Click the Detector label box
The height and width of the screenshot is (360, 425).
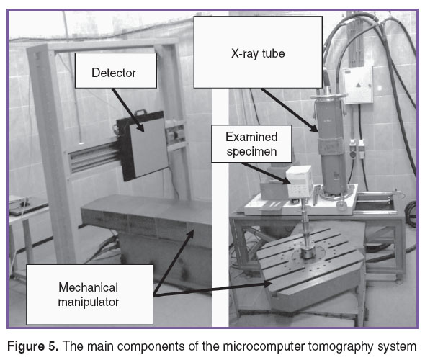click(116, 71)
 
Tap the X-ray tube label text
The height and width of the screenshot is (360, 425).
click(258, 53)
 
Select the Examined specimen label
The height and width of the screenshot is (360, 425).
click(251, 144)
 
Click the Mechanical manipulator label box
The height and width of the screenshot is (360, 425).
click(89, 294)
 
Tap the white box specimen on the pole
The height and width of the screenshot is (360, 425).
click(300, 182)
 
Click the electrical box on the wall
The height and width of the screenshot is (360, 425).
click(358, 85)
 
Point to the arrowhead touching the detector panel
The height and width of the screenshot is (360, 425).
click(141, 128)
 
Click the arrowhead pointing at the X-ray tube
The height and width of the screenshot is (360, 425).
click(315, 128)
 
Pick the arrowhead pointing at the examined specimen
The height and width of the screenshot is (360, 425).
click(287, 181)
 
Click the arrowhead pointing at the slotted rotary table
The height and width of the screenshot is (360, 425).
click(267, 284)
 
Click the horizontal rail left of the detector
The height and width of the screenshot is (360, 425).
click(94, 156)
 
